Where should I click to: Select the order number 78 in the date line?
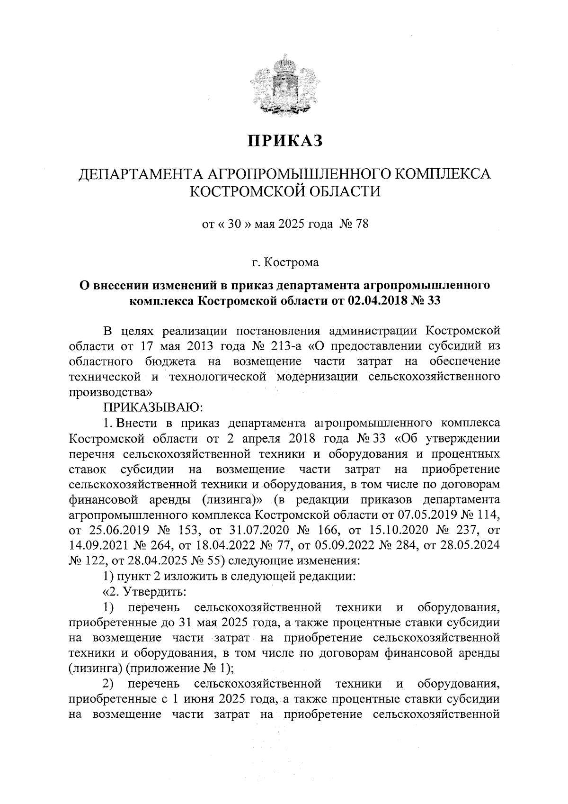tap(361, 224)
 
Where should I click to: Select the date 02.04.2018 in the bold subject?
tap(379, 300)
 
